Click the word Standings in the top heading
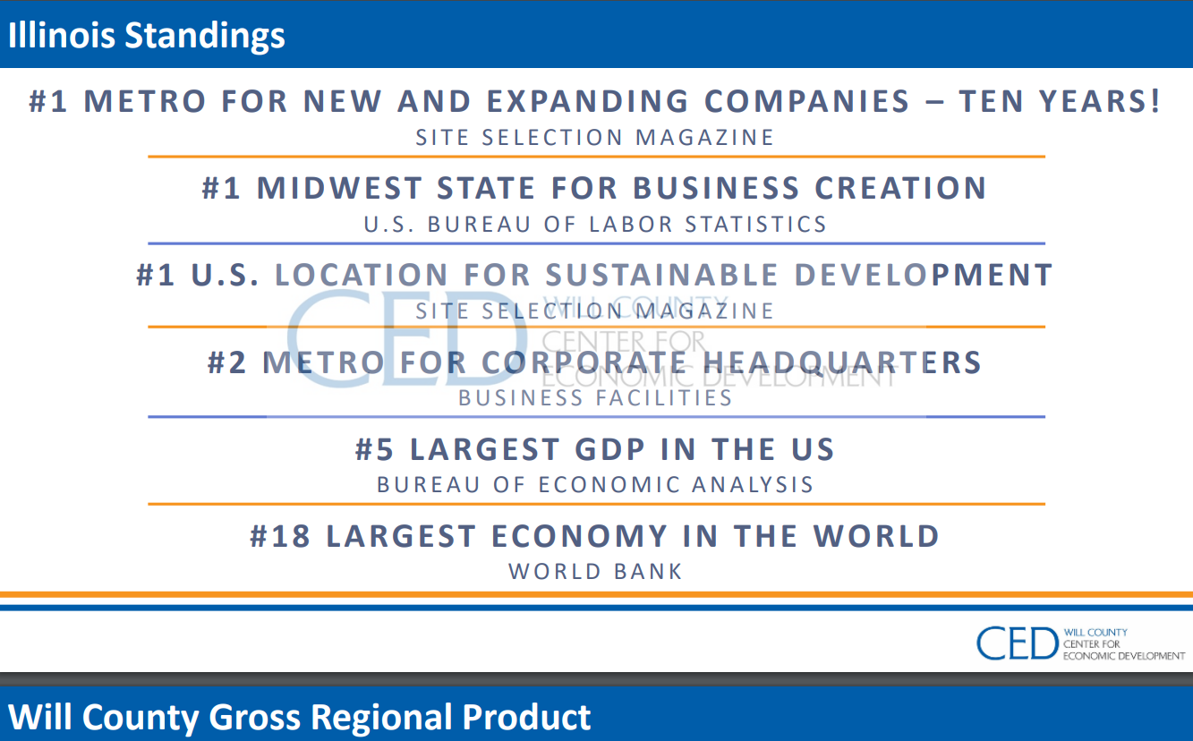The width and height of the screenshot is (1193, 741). click(x=205, y=36)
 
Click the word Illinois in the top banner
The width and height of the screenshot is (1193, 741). click(x=61, y=35)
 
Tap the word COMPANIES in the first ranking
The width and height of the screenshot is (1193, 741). click(x=807, y=101)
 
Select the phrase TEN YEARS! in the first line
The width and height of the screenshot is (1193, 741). click(x=1060, y=101)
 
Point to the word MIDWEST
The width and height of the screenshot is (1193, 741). click(x=340, y=188)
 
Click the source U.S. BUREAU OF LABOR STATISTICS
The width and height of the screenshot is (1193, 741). click(x=595, y=225)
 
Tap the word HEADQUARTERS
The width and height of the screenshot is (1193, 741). click(x=842, y=362)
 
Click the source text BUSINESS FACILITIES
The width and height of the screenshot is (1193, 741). click(x=595, y=398)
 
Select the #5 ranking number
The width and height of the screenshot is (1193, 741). click(x=375, y=449)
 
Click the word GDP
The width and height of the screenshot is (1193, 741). click(x=609, y=449)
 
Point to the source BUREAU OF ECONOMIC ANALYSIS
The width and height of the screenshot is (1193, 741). click(x=595, y=485)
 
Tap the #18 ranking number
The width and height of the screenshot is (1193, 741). click(x=280, y=536)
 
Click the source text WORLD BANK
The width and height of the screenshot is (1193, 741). click(x=595, y=572)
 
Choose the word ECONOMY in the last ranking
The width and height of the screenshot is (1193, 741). click(x=579, y=536)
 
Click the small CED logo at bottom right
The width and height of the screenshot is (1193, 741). click(x=1080, y=643)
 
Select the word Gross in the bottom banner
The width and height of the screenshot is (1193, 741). click(x=255, y=717)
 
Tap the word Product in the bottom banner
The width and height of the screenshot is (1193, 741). click(x=526, y=717)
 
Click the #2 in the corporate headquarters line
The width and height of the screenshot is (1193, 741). click(x=227, y=362)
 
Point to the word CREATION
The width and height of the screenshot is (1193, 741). click(x=900, y=188)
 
